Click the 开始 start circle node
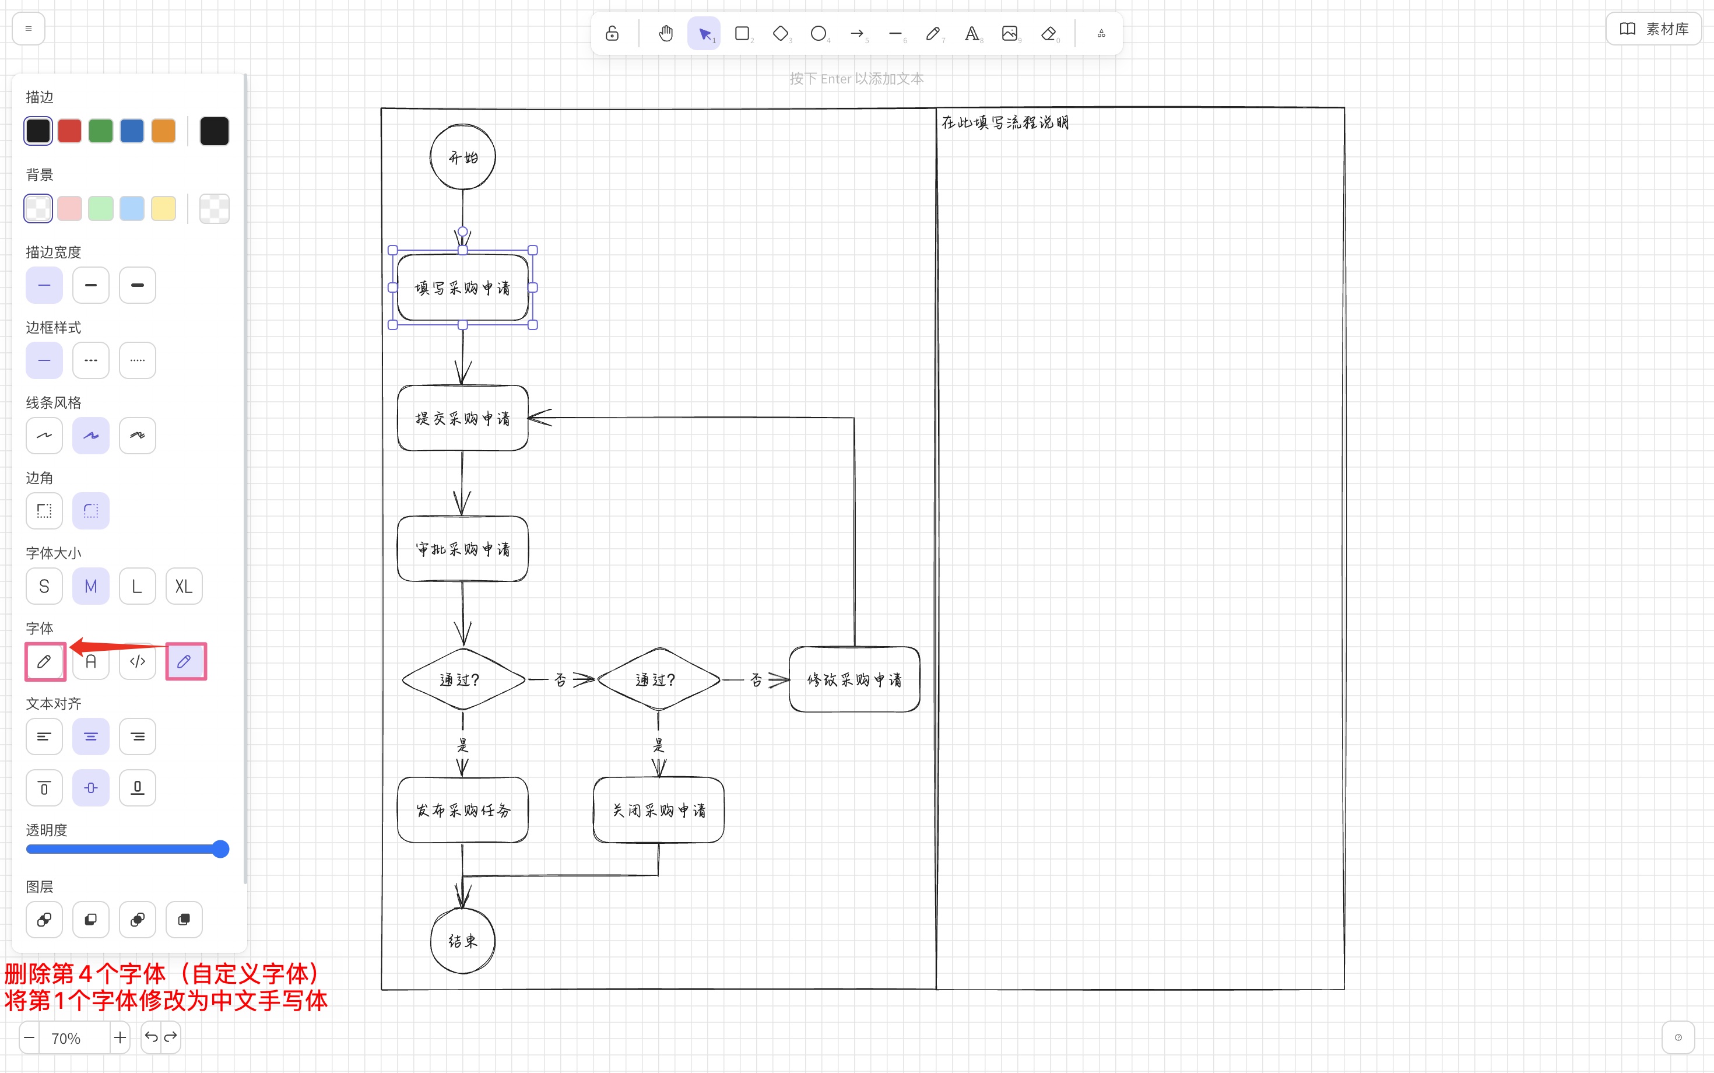(x=462, y=157)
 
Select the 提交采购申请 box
(x=462, y=418)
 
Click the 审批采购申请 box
(x=462, y=549)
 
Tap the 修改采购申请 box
(x=854, y=679)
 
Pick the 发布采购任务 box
(x=462, y=810)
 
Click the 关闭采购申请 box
(x=658, y=810)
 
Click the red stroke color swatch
(x=69, y=131)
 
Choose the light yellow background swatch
(x=163, y=209)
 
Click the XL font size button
(x=184, y=586)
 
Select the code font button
(x=137, y=661)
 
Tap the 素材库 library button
(x=1654, y=29)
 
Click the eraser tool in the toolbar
(x=1048, y=33)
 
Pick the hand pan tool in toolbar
(x=665, y=33)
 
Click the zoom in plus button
(x=120, y=1037)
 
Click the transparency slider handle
(x=220, y=848)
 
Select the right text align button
(x=137, y=737)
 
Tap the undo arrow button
(x=151, y=1037)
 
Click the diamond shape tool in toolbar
(x=781, y=33)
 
